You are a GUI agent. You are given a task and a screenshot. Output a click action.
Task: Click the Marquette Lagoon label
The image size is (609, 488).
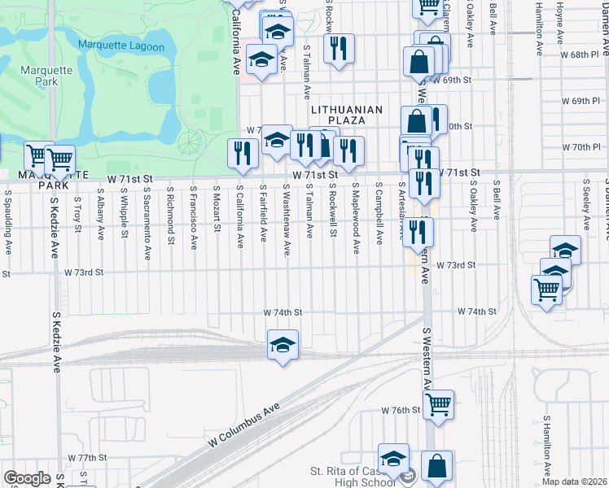click(x=121, y=47)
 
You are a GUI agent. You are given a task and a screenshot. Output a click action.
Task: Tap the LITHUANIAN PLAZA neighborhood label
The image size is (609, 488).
click(x=346, y=115)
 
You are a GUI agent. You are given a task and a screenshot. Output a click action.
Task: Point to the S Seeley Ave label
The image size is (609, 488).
click(x=586, y=208)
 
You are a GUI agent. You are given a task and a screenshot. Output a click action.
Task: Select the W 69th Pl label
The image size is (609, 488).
click(x=581, y=101)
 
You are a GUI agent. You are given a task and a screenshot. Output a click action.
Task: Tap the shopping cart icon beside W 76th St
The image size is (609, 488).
click(x=438, y=404)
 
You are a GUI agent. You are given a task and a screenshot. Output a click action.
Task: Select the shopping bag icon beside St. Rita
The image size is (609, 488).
click(x=436, y=467)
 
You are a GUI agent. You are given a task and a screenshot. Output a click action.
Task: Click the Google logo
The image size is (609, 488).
click(x=27, y=478)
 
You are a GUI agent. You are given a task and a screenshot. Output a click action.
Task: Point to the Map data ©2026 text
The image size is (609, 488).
click(x=574, y=481)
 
